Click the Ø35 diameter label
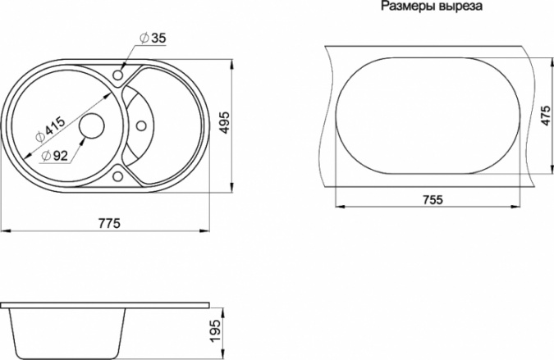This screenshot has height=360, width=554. pos(153,38)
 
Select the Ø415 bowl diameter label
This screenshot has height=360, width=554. pos(51,130)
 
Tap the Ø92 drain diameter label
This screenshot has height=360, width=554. pos(54,155)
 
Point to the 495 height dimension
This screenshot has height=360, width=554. pos(224,122)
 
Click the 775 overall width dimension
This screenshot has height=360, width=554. pos(109,223)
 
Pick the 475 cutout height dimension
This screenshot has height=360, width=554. pos(546,116)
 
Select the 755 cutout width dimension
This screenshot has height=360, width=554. pos(433,200)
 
